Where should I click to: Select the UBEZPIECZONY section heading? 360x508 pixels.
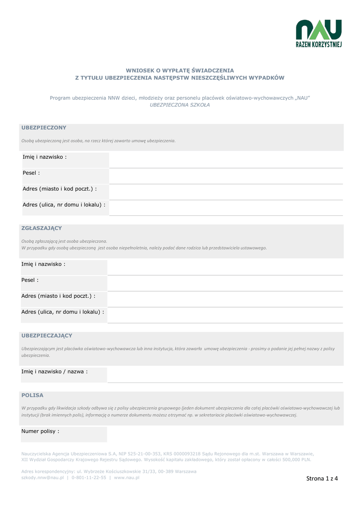click(44, 128)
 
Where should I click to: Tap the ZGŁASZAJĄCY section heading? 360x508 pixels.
click(42, 228)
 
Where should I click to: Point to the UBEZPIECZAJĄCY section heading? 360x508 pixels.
click(47, 336)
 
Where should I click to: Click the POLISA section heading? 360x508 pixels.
click(32, 395)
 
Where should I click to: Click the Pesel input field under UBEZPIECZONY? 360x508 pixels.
click(225, 176)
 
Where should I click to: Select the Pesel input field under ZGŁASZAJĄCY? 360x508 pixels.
click(224, 283)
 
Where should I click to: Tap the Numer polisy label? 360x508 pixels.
click(40, 432)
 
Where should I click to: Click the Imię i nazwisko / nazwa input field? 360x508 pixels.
click(224, 375)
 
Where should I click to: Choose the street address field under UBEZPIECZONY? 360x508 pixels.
click(225, 208)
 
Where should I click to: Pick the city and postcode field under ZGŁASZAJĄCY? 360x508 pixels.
click(224, 299)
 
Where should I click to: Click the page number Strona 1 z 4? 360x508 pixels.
click(322, 479)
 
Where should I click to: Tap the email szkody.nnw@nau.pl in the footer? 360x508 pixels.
click(43, 478)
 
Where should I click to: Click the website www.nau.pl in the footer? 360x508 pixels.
click(127, 478)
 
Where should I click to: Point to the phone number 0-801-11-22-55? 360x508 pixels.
click(89, 478)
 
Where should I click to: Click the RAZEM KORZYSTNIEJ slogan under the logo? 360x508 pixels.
click(318, 45)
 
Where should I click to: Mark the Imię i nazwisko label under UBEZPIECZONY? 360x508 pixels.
click(45, 157)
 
